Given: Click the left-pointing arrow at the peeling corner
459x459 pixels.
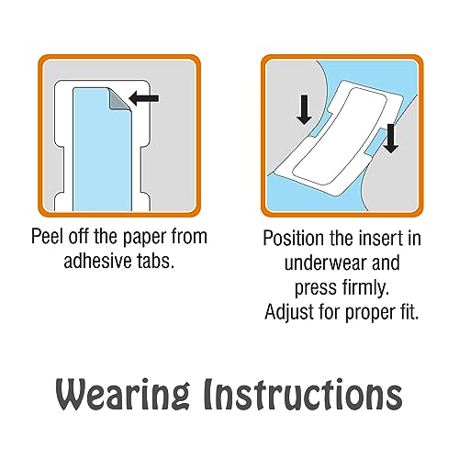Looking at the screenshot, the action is pyautogui.click(x=144, y=98).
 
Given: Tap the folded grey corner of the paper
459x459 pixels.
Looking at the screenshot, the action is pyautogui.click(x=119, y=99).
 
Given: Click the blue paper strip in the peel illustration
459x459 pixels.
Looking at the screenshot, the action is pyautogui.click(x=102, y=150).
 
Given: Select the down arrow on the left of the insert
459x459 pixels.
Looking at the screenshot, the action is pyautogui.click(x=304, y=109).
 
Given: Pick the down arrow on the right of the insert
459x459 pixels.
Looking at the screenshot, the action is pyautogui.click(x=390, y=139).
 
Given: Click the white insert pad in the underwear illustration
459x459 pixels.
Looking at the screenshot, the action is pyautogui.click(x=339, y=139).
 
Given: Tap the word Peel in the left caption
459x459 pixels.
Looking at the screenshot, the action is pyautogui.click(x=49, y=236).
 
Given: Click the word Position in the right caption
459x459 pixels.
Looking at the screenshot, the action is pyautogui.click(x=293, y=238).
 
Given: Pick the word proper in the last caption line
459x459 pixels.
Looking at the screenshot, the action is pyautogui.click(x=369, y=314).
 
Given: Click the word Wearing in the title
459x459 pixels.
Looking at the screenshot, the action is pyautogui.click(x=122, y=394).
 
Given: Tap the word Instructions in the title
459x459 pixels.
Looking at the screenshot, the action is pyautogui.click(x=303, y=394).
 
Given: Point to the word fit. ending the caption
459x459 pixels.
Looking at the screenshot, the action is pyautogui.click(x=409, y=312).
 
